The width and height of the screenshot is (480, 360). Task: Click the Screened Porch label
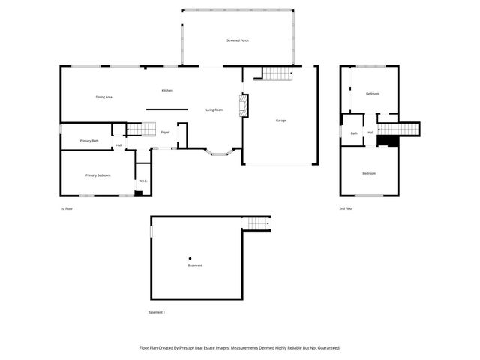(238, 40)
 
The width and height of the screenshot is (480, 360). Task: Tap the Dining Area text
(103, 97)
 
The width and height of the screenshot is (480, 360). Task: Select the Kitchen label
(166, 91)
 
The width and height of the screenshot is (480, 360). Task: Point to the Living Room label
(214, 110)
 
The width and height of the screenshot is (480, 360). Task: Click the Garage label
(280, 121)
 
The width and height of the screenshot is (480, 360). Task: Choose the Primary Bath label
(89, 141)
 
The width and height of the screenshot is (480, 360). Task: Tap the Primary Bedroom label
(97, 175)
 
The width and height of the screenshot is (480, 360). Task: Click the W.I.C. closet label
(142, 181)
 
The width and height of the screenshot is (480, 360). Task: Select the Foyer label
(165, 133)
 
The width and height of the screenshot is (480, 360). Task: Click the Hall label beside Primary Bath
(118, 145)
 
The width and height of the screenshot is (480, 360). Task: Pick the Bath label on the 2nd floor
(354, 133)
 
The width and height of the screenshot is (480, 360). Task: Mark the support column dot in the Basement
(190, 259)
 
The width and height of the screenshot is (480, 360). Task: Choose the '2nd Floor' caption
(346, 209)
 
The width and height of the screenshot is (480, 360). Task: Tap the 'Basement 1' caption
(156, 312)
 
